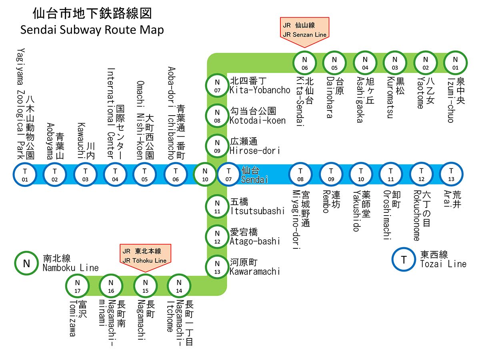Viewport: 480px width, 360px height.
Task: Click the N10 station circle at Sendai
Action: click(x=205, y=175)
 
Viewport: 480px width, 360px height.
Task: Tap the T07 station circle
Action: click(x=229, y=175)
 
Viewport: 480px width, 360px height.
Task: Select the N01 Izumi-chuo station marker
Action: click(x=455, y=63)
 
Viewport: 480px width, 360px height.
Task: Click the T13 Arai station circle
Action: click(x=451, y=175)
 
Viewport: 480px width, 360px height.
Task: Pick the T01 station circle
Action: click(x=25, y=175)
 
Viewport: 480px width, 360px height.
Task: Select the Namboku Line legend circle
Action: click(x=26, y=264)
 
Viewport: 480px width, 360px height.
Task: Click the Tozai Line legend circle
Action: click(x=404, y=260)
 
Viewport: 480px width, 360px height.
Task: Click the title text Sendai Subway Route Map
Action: click(x=92, y=30)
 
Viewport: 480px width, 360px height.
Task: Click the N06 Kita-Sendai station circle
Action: click(x=305, y=63)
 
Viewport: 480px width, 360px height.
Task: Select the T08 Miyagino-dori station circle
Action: click(x=301, y=175)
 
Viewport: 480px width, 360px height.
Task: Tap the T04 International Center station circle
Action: click(x=115, y=175)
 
